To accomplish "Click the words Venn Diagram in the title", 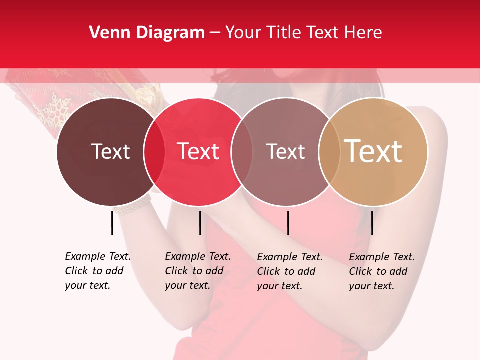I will point(147,33).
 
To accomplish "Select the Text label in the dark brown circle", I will point(110,151).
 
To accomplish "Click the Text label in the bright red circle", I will point(198,151).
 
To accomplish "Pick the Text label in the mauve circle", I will point(285,151).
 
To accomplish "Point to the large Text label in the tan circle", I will point(373,151).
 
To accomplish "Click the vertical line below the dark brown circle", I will point(112,223).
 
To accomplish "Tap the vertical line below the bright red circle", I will point(200,223).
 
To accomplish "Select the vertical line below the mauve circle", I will point(288,223).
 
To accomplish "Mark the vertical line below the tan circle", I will point(372,223).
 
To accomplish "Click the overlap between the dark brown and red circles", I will point(154,151).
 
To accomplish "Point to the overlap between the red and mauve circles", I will point(242,151).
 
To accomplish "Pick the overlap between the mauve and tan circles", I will point(327,151).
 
